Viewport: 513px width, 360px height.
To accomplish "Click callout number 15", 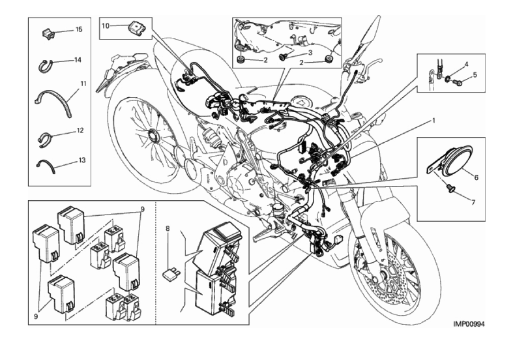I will click(79, 30).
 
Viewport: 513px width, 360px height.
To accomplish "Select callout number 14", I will click(78, 60).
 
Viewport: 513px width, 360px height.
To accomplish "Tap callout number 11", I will click(83, 83).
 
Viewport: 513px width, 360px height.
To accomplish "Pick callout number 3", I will click(310, 53).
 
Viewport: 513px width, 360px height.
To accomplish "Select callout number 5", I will click(475, 75).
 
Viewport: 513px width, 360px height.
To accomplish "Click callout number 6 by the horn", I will click(476, 177).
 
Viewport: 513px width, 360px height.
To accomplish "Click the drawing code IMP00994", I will click(471, 323).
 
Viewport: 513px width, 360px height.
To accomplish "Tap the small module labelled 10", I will click(136, 28).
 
